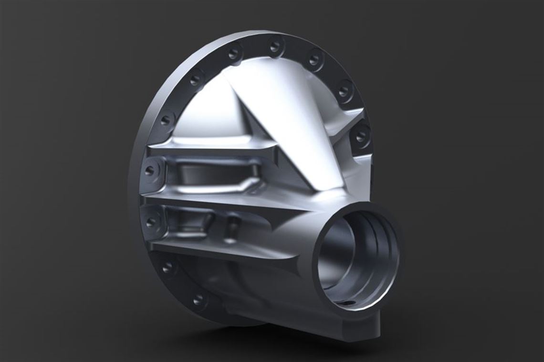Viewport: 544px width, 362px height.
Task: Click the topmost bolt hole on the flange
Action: click(x=275, y=47)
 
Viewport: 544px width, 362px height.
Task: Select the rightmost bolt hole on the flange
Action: click(x=361, y=136)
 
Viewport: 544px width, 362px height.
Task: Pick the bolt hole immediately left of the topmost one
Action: click(x=233, y=53)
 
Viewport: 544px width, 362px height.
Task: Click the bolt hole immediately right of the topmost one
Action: click(x=314, y=60)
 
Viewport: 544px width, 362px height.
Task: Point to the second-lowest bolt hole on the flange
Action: click(x=167, y=267)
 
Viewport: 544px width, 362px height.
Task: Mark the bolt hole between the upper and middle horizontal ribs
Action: click(x=150, y=170)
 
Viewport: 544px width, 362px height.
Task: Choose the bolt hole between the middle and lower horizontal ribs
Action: click(x=151, y=221)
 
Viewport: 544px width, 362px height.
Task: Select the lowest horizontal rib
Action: click(x=215, y=250)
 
